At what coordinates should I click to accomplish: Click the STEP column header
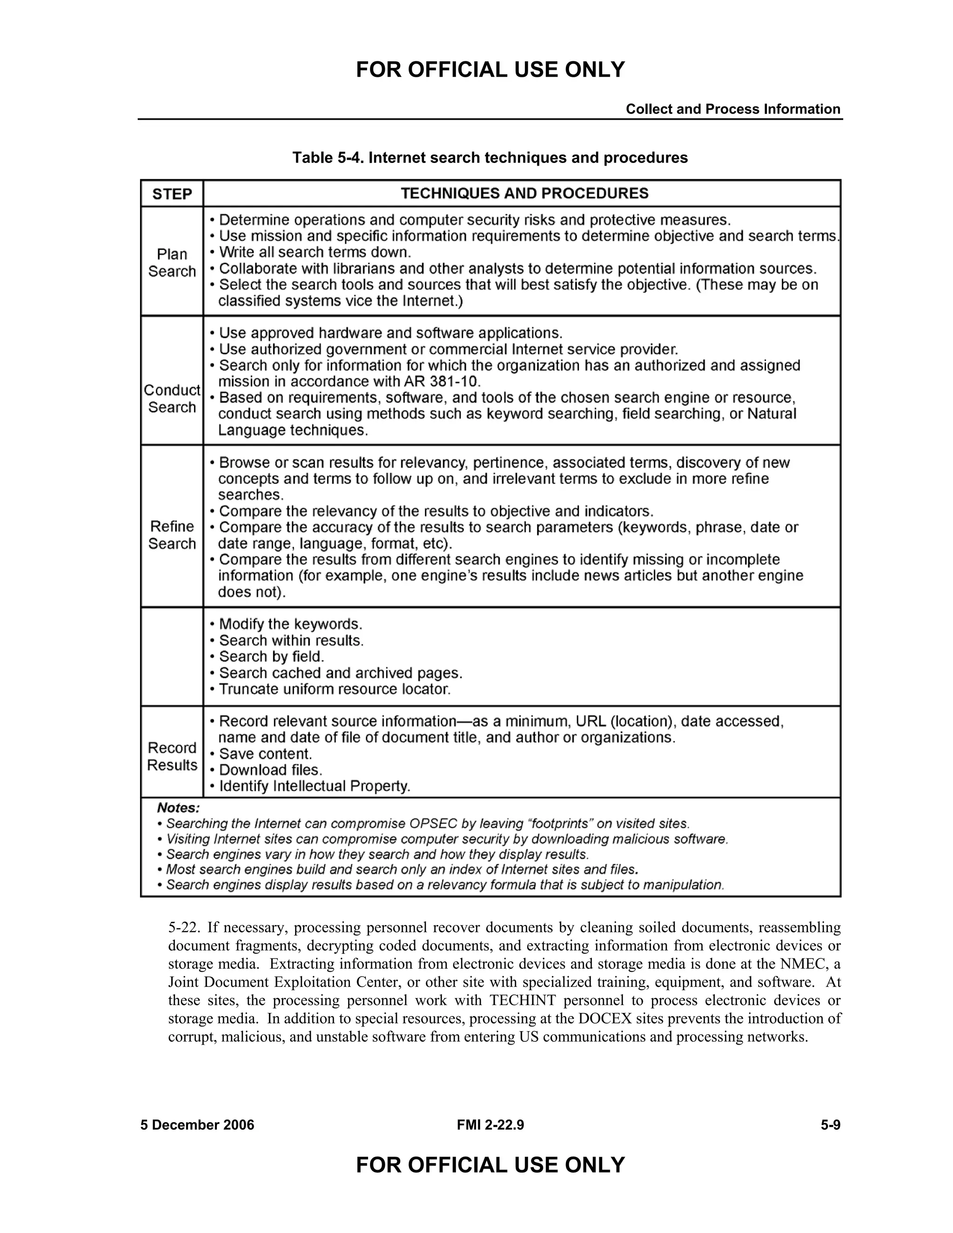pos(172,194)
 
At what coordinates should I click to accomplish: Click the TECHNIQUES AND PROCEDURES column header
pos(524,194)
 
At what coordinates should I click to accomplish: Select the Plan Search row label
pos(172,262)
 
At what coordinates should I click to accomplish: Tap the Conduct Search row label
pos(172,399)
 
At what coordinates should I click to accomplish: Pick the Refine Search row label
pos(172,535)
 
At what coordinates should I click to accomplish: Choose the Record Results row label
pos(172,756)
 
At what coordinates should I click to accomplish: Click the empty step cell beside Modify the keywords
pos(172,657)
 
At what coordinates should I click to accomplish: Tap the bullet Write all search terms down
pos(315,252)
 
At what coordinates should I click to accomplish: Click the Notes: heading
pos(178,808)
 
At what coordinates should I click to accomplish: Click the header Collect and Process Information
pos(733,109)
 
